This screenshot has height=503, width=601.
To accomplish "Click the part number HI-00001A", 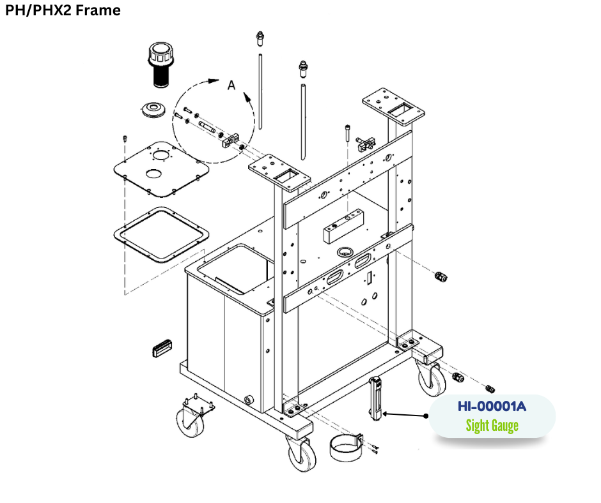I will point(491,406).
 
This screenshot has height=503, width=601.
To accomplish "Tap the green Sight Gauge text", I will point(491,425).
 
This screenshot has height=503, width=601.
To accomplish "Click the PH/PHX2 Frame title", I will point(63,10).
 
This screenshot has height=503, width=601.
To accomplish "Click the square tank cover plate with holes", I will point(160,167).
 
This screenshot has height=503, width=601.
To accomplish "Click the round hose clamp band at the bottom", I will point(347,447).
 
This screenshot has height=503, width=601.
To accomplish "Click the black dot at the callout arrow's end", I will point(426,416).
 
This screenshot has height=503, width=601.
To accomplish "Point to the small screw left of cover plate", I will point(125,139).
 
